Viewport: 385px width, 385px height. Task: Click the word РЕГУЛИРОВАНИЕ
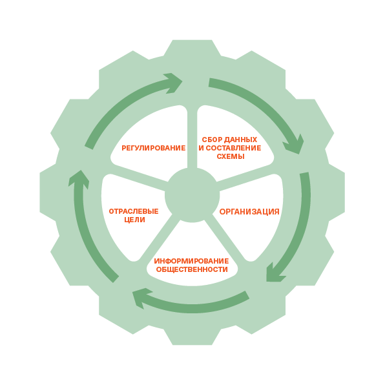pyautogui.click(x=154, y=148)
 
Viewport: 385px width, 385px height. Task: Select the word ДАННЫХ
pyautogui.click(x=240, y=140)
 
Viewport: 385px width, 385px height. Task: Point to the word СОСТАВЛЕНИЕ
pyautogui.click(x=233, y=148)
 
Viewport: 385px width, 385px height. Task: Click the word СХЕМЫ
pyautogui.click(x=231, y=156)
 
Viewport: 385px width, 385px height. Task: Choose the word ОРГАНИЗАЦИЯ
pyautogui.click(x=249, y=212)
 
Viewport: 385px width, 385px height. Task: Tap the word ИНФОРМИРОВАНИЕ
pyautogui.click(x=191, y=261)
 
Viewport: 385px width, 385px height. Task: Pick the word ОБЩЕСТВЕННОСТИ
pyautogui.click(x=192, y=269)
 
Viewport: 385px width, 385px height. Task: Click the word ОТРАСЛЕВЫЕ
pyautogui.click(x=134, y=211)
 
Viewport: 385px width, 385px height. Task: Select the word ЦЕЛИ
pyautogui.click(x=134, y=220)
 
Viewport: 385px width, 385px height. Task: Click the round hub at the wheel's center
pyautogui.click(x=192, y=195)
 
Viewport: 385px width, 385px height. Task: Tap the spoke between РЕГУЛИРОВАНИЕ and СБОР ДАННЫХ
pyautogui.click(x=192, y=138)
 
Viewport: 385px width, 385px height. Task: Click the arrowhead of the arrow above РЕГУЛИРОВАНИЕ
pyautogui.click(x=174, y=83)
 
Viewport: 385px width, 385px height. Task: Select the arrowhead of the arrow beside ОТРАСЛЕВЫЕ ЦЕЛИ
pyautogui.click(x=79, y=179)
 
